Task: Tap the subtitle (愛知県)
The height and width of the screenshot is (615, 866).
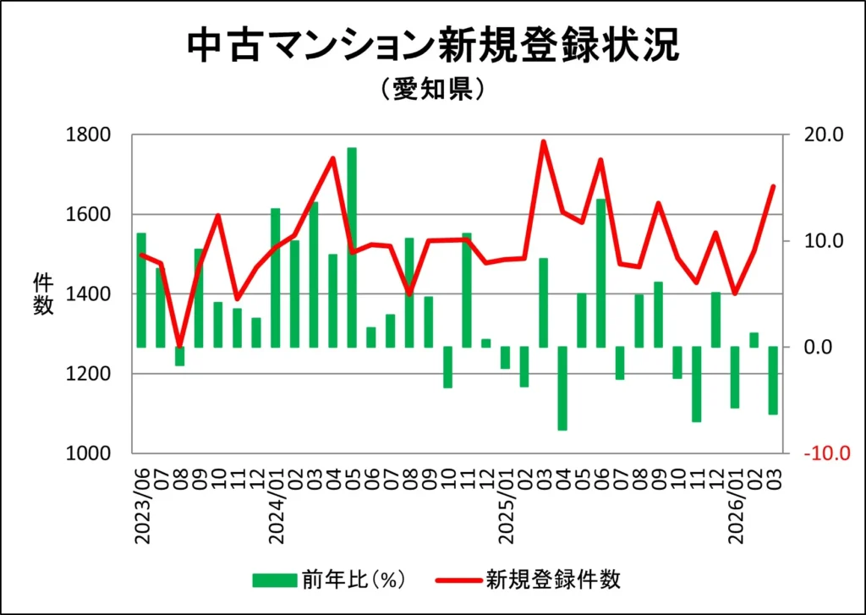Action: click(x=432, y=90)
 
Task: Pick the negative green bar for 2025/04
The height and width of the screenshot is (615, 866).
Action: click(x=562, y=388)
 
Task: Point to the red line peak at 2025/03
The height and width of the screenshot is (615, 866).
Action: click(x=544, y=142)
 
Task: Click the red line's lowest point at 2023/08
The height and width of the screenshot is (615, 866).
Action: click(x=179, y=345)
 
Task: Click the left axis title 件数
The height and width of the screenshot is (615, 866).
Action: click(x=44, y=294)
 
